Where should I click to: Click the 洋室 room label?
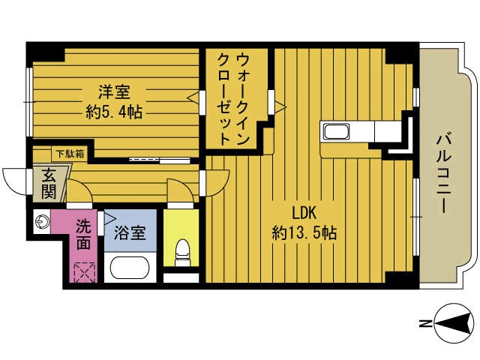coord(114,93)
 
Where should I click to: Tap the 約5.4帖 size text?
coord(114,112)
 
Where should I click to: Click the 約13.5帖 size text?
coord(303,233)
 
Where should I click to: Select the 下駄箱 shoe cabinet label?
coord(68,154)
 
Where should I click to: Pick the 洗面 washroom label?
coord(84,233)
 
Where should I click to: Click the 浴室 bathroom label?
coord(130,232)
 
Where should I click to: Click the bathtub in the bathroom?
coord(130,268)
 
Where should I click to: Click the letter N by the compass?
coord(425,324)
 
